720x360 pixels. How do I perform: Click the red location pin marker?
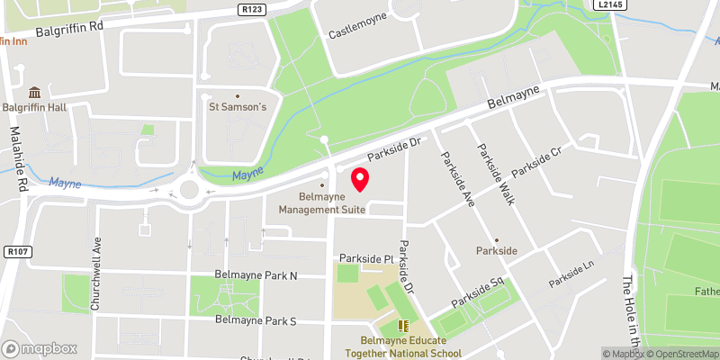(360, 179)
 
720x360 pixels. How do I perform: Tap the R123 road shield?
(253, 8)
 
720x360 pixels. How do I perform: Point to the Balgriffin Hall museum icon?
(33, 93)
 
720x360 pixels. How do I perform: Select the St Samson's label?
(238, 108)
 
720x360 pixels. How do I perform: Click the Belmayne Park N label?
(256, 274)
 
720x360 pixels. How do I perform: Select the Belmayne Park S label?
(256, 320)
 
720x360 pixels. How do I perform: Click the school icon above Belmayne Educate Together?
(403, 325)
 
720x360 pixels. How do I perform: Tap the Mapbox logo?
(40, 348)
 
